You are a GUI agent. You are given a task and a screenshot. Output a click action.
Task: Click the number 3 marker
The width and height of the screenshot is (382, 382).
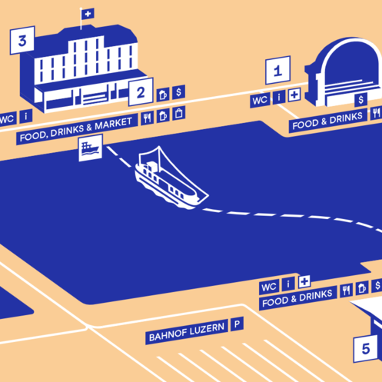(22, 40)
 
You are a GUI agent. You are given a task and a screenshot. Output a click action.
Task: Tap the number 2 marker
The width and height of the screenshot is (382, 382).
(141, 92)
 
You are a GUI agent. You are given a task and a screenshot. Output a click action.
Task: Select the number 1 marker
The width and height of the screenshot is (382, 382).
(277, 70)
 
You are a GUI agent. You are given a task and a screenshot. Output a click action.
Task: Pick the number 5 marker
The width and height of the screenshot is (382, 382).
(366, 348)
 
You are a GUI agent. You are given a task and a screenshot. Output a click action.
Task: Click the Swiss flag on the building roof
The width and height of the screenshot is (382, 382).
(88, 14)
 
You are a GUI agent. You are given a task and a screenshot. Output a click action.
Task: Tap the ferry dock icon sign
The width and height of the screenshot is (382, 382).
(91, 148)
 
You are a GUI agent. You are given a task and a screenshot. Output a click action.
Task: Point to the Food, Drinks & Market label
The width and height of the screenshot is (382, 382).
(76, 130)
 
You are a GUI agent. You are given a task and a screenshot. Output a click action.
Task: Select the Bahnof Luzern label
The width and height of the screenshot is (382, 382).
(187, 332)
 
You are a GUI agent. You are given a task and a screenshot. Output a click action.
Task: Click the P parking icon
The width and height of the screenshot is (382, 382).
(237, 324)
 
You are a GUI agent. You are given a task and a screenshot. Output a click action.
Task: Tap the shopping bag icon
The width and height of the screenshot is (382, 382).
(179, 113)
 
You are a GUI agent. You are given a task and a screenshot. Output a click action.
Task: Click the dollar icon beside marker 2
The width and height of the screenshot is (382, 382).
(178, 92)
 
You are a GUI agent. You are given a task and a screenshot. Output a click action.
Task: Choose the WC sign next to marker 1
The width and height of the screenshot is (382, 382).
(260, 100)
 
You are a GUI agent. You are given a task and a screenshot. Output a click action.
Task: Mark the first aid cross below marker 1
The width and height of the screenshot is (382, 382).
(294, 95)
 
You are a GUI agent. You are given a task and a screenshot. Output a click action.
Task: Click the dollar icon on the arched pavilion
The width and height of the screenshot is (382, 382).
(360, 99)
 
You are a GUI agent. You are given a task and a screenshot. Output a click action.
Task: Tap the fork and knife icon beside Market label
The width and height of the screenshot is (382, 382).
(147, 118)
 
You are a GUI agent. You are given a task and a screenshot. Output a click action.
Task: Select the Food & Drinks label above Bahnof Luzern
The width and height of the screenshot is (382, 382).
(297, 298)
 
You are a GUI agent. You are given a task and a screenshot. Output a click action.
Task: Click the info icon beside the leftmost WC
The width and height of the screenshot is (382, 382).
(26, 117)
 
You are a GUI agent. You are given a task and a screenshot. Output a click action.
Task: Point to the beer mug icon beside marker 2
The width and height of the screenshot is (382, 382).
(163, 95)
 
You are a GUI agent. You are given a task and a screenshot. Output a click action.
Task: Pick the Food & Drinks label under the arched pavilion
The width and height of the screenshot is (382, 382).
(327, 121)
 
